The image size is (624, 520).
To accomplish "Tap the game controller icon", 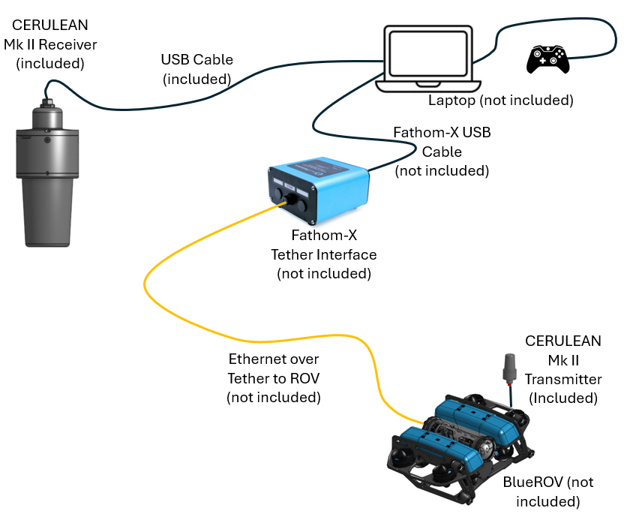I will click(x=546, y=59).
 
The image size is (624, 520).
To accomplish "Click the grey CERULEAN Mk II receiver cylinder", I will click(x=49, y=173).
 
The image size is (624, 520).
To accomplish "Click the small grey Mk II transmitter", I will click(x=511, y=368).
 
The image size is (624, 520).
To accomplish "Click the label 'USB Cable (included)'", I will click(x=196, y=69).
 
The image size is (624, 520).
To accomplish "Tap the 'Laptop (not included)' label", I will click(x=500, y=101).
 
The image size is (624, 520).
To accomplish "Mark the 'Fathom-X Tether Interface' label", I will click(x=324, y=255).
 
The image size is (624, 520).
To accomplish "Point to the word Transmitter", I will click(x=562, y=379).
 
